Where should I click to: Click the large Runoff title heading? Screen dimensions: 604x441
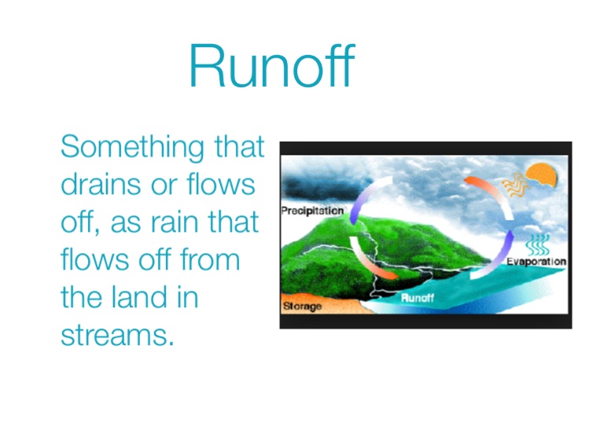pyautogui.click(x=271, y=65)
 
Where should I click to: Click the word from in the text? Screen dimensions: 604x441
pyautogui.click(x=210, y=259)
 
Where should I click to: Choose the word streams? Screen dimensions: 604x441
pyautogui.click(x=117, y=336)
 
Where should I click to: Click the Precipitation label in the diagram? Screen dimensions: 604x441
pyautogui.click(x=312, y=211)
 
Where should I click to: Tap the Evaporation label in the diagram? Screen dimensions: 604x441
pyautogui.click(x=536, y=262)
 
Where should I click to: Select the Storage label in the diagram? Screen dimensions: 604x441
pyautogui.click(x=302, y=307)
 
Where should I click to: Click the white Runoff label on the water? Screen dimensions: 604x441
pyautogui.click(x=417, y=298)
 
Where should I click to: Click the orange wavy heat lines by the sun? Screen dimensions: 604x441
pyautogui.click(x=515, y=185)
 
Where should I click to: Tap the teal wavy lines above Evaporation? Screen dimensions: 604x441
pyautogui.click(x=538, y=245)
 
